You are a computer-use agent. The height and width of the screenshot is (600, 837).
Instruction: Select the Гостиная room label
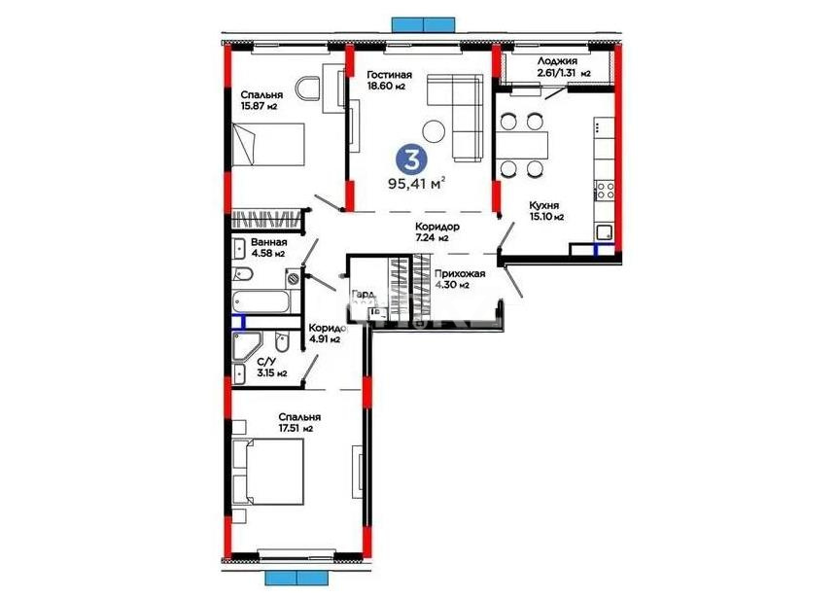click(389, 75)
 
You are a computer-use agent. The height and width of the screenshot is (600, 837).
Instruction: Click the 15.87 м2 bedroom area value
click(260, 106)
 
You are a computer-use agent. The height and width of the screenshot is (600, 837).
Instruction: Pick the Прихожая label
click(459, 273)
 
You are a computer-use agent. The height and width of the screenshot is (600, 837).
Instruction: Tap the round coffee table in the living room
click(435, 128)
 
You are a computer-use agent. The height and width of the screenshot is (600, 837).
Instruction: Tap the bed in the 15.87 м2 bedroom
click(268, 144)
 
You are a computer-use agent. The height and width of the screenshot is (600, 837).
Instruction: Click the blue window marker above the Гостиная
click(423, 23)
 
